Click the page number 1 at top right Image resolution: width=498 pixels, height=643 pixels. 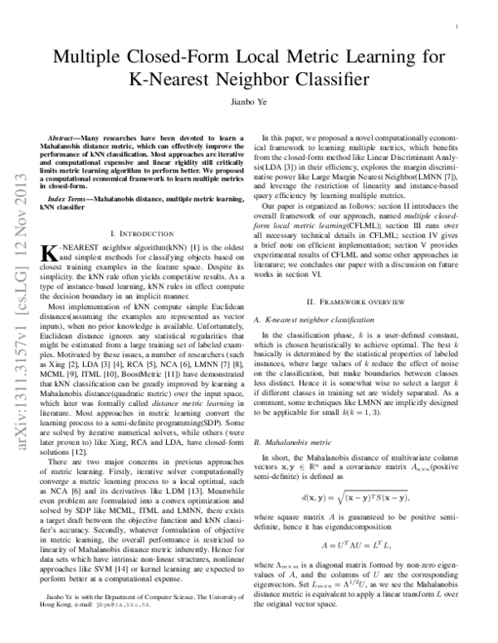pos(458,27)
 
